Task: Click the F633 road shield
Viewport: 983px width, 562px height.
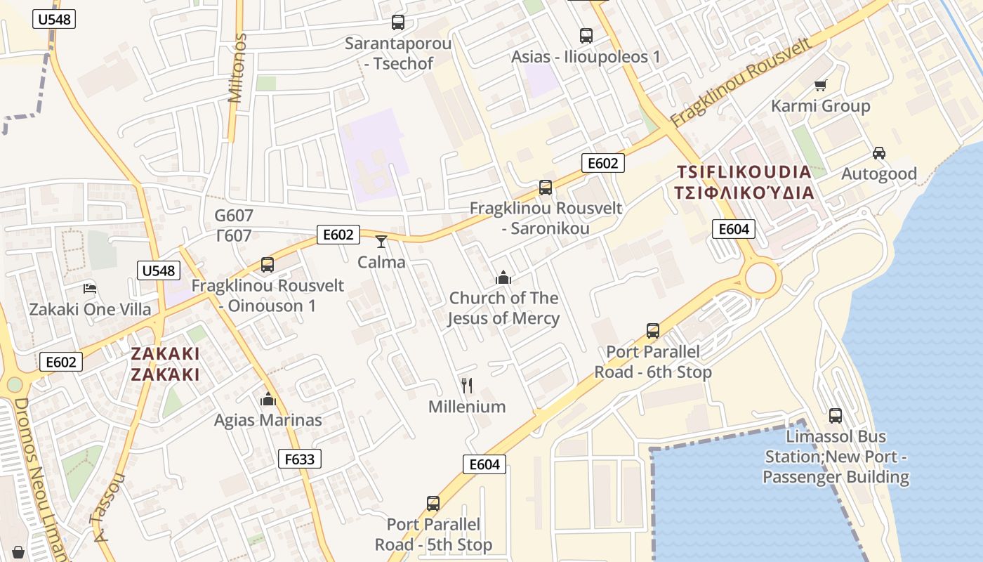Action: click(x=300, y=459)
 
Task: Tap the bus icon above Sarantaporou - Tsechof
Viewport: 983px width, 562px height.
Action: click(x=398, y=22)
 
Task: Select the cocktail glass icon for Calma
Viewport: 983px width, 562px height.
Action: click(x=381, y=242)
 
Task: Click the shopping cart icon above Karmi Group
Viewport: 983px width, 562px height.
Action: click(x=820, y=86)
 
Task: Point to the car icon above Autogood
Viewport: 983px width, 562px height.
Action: click(x=878, y=152)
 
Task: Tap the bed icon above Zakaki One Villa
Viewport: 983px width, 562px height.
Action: click(x=90, y=288)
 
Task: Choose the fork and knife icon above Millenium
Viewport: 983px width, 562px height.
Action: click(x=466, y=385)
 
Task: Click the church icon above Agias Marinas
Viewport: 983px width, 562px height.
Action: click(x=268, y=400)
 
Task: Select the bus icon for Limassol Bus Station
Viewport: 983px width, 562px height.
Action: click(x=835, y=415)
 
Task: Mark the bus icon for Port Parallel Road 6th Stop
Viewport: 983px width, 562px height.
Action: click(x=653, y=330)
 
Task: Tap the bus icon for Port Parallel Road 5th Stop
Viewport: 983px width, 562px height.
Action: click(x=433, y=503)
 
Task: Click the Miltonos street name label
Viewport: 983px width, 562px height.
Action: click(x=237, y=68)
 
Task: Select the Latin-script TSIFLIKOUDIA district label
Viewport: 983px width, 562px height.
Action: click(x=744, y=172)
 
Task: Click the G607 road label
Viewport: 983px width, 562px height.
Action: click(x=234, y=216)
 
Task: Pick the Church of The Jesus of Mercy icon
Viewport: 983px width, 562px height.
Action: click(x=503, y=277)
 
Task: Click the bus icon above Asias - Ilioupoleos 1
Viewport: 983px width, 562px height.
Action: click(x=586, y=35)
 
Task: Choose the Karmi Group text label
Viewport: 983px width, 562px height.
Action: click(x=820, y=106)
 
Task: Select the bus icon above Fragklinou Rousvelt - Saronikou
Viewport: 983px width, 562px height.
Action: click(x=546, y=188)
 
